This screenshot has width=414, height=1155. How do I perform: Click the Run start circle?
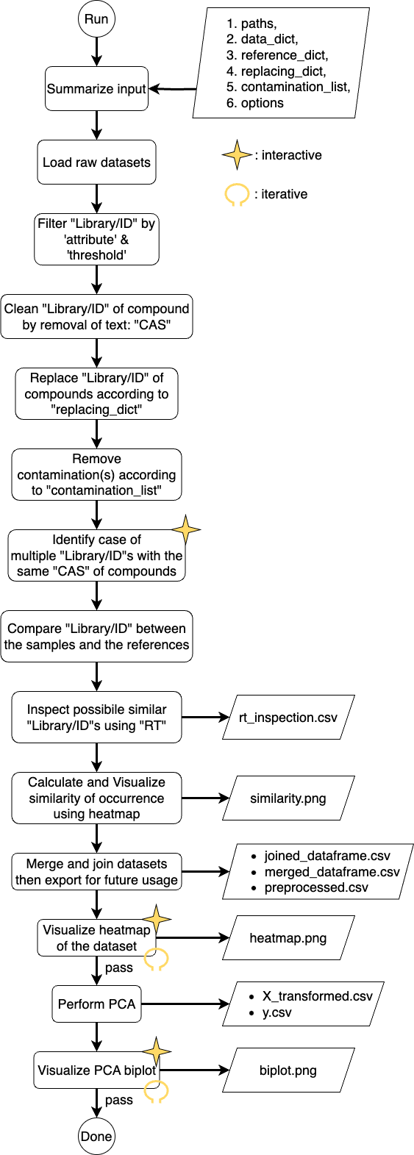click(x=96, y=19)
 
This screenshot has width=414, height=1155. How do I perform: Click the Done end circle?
click(x=96, y=1136)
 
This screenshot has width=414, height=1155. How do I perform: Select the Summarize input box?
click(x=96, y=89)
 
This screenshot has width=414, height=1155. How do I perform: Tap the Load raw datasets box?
click(x=96, y=162)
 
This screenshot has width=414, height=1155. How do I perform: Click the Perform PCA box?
click(x=96, y=1004)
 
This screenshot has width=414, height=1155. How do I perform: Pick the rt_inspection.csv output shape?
click(x=288, y=718)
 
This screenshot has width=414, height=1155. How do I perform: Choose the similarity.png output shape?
click(x=288, y=798)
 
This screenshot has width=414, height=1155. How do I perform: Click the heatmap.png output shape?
click(x=288, y=938)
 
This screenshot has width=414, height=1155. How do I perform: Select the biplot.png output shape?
click(x=288, y=1070)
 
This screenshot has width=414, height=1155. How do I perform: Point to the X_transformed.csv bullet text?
click(x=317, y=996)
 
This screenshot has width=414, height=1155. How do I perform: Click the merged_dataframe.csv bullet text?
click(x=332, y=872)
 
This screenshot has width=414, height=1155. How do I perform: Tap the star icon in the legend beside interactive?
click(x=237, y=155)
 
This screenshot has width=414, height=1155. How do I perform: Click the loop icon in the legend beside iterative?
click(x=237, y=195)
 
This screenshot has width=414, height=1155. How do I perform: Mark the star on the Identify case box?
click(x=186, y=530)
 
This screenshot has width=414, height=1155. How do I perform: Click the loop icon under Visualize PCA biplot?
click(x=156, y=1092)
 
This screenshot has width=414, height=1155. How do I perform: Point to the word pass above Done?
click(x=118, y=1100)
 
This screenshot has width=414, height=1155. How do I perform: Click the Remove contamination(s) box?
click(x=96, y=475)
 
